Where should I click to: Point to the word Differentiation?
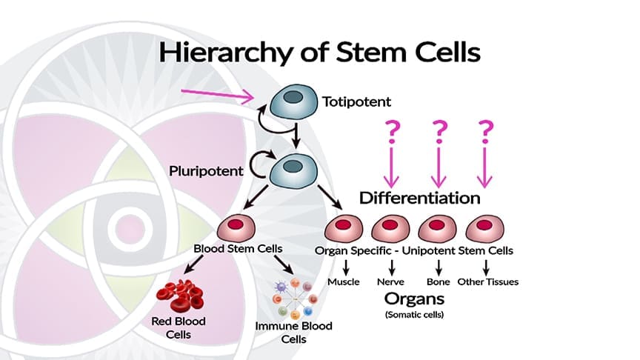[419, 199]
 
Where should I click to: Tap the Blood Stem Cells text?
[236, 250]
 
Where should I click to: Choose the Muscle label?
[344, 282]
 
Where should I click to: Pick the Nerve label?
[390, 282]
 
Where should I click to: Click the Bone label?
[438, 282]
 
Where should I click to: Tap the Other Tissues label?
[488, 282]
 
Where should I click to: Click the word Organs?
[414, 299]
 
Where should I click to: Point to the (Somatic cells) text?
[414, 315]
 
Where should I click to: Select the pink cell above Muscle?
[344, 226]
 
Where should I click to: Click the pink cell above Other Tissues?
[485, 226]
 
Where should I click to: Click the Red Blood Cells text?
[179, 328]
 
